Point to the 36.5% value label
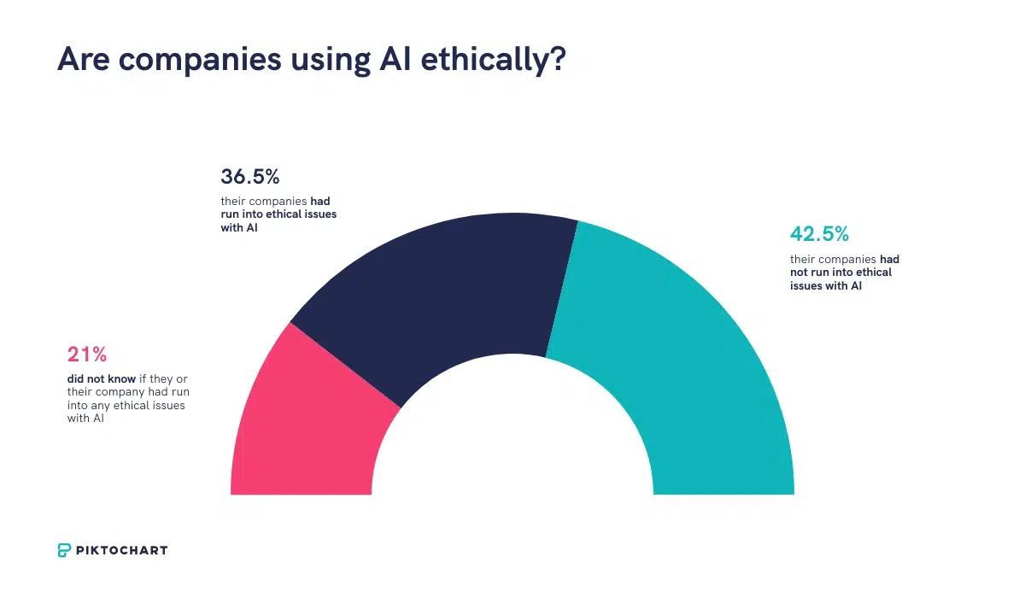point(250,177)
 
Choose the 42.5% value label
point(819,234)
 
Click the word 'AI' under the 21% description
point(97,419)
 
